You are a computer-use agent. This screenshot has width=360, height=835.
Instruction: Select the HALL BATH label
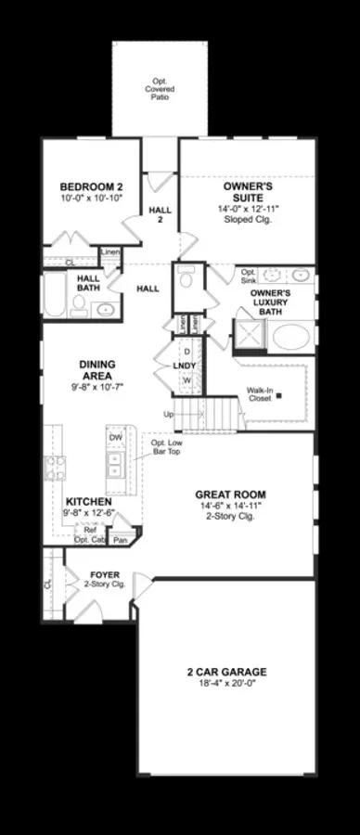[88, 282]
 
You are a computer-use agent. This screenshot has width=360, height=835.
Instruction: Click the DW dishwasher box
[115, 437]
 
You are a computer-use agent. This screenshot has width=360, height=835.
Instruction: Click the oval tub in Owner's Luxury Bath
[290, 335]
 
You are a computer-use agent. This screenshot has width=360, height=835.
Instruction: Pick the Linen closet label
[110, 251]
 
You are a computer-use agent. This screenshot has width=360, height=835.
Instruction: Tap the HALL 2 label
[160, 216]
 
